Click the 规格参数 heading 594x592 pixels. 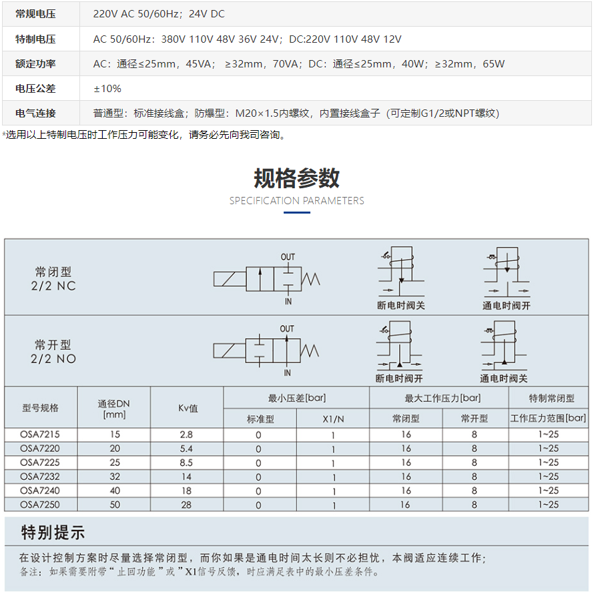(296, 178)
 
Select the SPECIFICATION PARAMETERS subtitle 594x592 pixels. (296, 200)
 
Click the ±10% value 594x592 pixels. (107, 88)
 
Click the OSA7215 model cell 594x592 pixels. (40, 434)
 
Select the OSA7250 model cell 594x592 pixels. (40, 505)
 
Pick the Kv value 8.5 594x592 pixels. (186, 463)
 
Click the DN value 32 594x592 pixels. (115, 477)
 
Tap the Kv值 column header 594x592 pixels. (188, 408)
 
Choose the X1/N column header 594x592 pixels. (332, 418)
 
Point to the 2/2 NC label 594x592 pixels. (53, 286)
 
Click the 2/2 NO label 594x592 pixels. (53, 358)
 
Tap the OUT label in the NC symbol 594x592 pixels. (288, 257)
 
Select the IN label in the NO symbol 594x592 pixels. (287, 372)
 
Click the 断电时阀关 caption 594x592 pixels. (400, 306)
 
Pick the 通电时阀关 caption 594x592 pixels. (503, 378)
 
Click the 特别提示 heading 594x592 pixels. (53, 532)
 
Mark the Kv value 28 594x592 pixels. (186, 505)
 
